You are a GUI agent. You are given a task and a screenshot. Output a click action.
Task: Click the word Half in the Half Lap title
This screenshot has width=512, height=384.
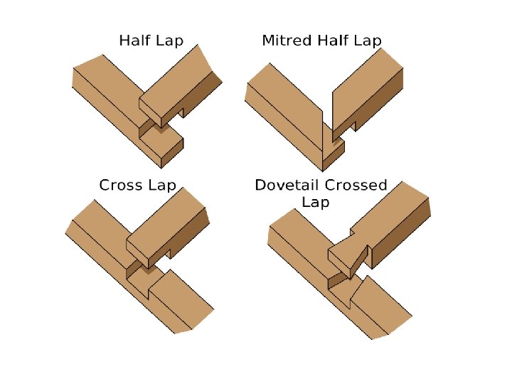[134, 41]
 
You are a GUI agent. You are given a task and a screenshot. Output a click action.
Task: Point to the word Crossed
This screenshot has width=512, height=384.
[356, 186]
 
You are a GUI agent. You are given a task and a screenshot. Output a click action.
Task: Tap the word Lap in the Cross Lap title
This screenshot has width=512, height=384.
[161, 186]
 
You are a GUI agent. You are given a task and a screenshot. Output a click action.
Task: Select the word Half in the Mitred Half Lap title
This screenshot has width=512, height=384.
[333, 41]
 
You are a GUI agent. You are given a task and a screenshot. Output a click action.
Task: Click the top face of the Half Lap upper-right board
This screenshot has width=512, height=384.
[178, 78]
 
